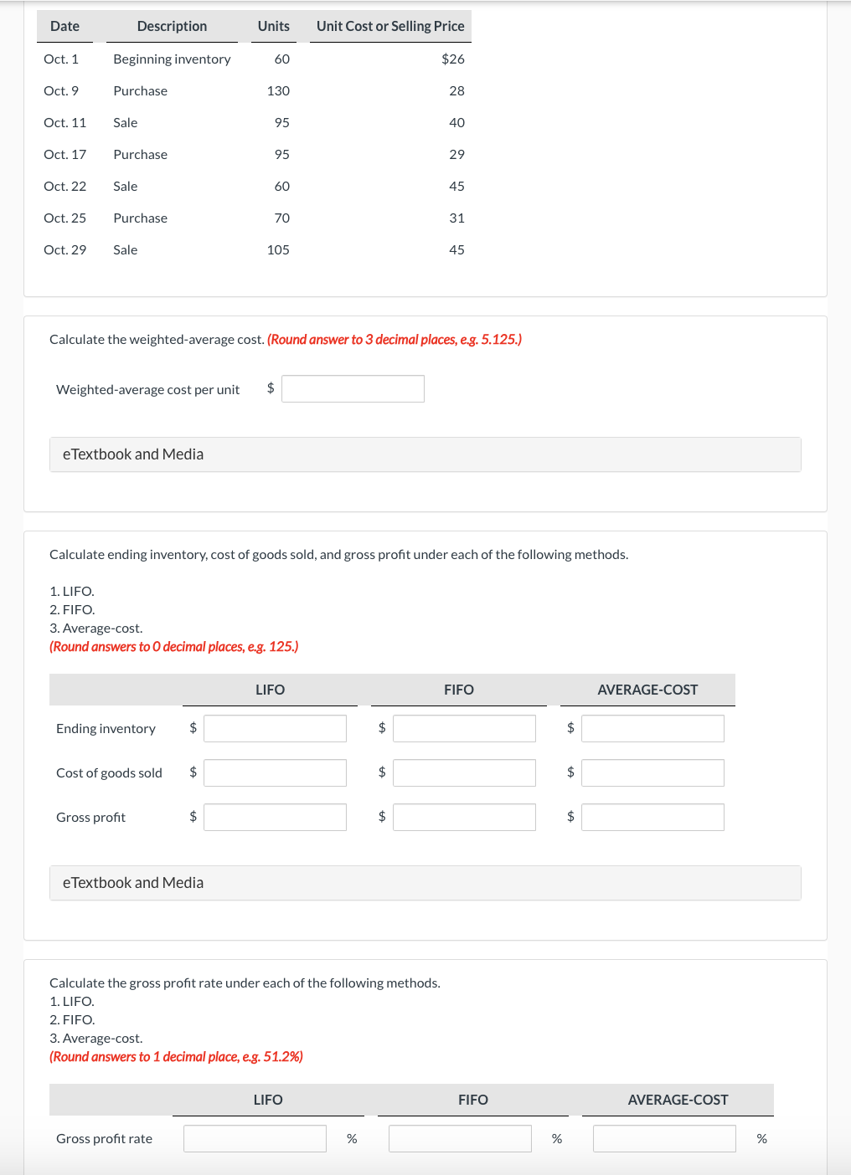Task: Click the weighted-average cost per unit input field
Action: tap(353, 388)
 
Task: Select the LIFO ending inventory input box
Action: tap(275, 728)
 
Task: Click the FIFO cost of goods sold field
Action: tap(464, 772)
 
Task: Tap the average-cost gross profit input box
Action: tap(652, 817)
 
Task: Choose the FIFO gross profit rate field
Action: tap(460, 1138)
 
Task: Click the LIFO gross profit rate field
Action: tap(255, 1138)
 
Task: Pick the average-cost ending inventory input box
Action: tap(652, 728)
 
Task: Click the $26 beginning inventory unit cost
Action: tap(452, 59)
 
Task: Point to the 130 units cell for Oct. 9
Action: tap(278, 90)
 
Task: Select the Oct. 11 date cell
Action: tap(64, 122)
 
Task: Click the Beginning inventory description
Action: tap(172, 59)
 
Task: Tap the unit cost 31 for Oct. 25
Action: tap(456, 218)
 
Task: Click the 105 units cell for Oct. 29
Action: tap(278, 249)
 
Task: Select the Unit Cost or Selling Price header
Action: tap(390, 26)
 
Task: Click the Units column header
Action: tap(273, 26)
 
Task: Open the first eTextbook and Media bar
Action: tap(425, 454)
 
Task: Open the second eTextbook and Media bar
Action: tap(425, 883)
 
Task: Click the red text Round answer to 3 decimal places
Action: tap(394, 339)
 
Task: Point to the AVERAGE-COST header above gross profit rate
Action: tap(678, 1100)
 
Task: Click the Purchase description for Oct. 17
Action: tap(141, 154)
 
